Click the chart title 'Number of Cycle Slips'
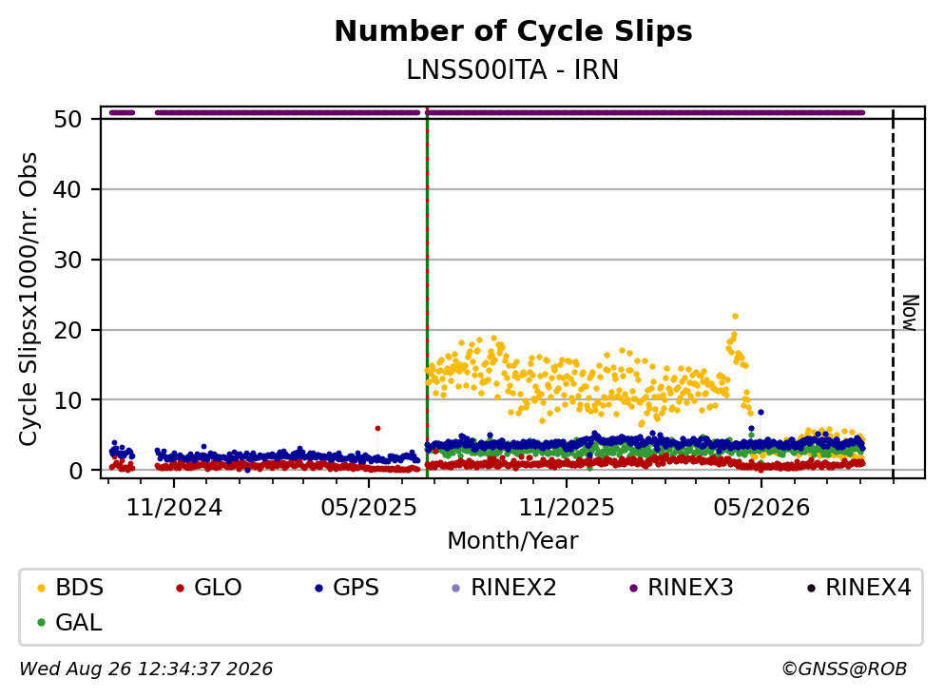pos(513,31)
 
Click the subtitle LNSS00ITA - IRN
pos(512,69)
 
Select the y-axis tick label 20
pos(68,330)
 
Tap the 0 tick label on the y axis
pos(76,471)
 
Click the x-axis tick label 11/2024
pos(174,508)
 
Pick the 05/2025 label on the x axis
pos(369,508)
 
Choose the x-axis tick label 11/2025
pos(567,508)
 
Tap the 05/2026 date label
pos(761,508)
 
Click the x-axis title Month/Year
pos(512,541)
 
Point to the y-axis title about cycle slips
pos(29,300)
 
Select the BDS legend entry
pos(70,588)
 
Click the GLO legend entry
pos(209,588)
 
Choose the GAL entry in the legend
pos(69,623)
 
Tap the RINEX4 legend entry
pos(859,588)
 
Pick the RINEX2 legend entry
pos(505,588)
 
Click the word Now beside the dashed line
pos(911,313)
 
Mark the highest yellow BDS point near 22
pos(735,316)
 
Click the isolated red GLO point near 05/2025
pos(377,428)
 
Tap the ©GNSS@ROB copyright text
pos(844,669)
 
